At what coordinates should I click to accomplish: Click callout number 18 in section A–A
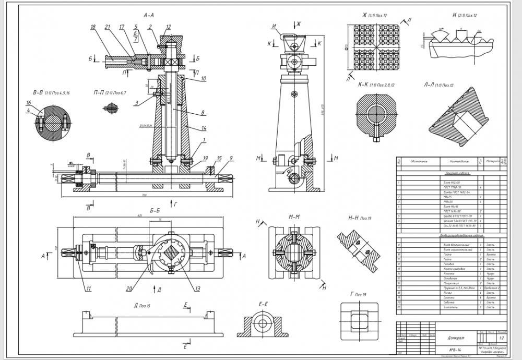tap(93, 27)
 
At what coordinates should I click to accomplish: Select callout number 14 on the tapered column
tap(203, 128)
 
